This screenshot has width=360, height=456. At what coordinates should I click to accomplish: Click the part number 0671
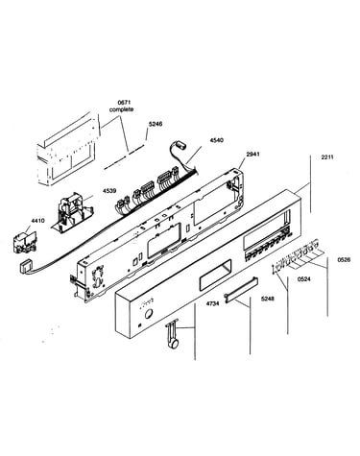(x=121, y=103)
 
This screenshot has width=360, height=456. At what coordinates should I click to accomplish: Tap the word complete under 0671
(x=121, y=109)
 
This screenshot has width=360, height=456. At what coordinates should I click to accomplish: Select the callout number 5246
(x=156, y=124)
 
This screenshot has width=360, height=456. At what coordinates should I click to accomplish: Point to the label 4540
(x=217, y=140)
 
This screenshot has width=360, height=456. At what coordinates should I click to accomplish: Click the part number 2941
(x=252, y=154)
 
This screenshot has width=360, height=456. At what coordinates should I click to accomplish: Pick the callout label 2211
(x=327, y=157)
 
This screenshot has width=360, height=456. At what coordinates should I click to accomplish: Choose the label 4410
(x=37, y=221)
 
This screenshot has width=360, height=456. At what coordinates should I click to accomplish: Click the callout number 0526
(x=344, y=260)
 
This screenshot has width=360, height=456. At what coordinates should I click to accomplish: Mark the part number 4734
(x=212, y=303)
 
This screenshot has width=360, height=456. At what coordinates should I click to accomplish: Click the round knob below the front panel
(x=174, y=344)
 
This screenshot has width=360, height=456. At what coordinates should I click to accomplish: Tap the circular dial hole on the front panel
(x=149, y=314)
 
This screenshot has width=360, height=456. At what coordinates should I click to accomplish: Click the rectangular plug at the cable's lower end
(x=25, y=267)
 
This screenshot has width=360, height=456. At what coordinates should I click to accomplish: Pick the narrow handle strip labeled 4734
(x=242, y=289)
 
